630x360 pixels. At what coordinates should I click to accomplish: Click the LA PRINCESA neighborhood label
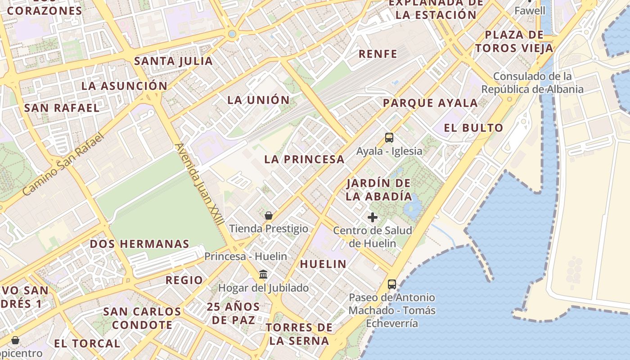click(304, 159)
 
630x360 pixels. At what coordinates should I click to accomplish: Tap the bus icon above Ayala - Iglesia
click(389, 138)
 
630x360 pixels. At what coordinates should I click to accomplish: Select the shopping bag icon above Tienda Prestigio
click(269, 216)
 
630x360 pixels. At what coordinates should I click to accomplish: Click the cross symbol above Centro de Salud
click(373, 218)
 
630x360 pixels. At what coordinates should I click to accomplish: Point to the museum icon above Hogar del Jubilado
click(263, 274)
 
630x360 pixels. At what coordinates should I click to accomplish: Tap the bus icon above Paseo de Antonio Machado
click(392, 284)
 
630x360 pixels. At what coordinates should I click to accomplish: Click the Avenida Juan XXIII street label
click(199, 184)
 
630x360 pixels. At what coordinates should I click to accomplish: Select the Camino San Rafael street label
click(63, 164)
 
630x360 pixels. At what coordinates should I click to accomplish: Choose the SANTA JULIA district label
click(174, 61)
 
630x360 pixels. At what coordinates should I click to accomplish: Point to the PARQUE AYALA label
click(430, 103)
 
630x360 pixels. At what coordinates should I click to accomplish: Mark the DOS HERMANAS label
click(139, 244)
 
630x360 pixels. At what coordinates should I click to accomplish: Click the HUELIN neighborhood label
click(323, 264)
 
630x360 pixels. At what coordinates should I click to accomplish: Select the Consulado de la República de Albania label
click(532, 83)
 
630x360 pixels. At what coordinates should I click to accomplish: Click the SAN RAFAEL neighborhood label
click(62, 108)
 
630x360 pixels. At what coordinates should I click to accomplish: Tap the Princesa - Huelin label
click(246, 256)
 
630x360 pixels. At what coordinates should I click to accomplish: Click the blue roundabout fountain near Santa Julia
click(232, 34)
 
